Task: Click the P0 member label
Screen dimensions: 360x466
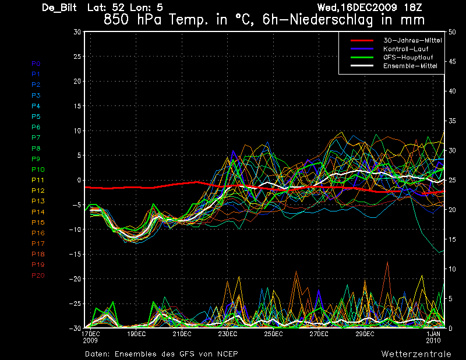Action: [x=36, y=63]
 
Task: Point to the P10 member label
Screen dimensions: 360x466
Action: [x=38, y=170]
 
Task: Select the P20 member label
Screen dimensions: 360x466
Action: [x=38, y=276]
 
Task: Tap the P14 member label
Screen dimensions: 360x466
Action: [x=38, y=212]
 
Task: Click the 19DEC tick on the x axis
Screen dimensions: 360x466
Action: [x=136, y=334]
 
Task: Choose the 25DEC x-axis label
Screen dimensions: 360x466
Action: [x=273, y=334]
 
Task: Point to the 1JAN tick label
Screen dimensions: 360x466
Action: [x=433, y=334]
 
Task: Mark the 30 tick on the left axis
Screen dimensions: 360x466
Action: [x=77, y=32]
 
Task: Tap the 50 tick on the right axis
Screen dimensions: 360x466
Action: [x=452, y=32]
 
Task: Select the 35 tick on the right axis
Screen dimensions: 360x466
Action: [x=452, y=121]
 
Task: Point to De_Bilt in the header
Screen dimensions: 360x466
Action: [x=61, y=8]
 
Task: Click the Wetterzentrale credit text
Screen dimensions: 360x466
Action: [x=416, y=354]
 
